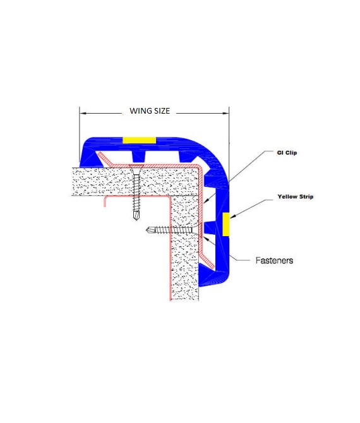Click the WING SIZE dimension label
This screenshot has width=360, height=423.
(150, 111)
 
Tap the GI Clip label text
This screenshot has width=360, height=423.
(287, 153)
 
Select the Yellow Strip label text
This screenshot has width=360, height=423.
(296, 196)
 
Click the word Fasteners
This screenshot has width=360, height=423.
(274, 260)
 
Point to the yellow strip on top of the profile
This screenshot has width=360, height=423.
(139, 140)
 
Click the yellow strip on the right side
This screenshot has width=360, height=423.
(226, 224)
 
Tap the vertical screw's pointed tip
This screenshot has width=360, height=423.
(136, 218)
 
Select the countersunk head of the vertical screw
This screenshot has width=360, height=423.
(136, 169)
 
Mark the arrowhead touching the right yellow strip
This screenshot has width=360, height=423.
(232, 216)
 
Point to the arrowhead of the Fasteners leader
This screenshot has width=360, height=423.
(205, 237)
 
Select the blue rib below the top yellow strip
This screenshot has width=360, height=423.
(138, 156)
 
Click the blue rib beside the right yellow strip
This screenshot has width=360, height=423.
(210, 228)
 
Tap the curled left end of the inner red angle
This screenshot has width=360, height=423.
(105, 201)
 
